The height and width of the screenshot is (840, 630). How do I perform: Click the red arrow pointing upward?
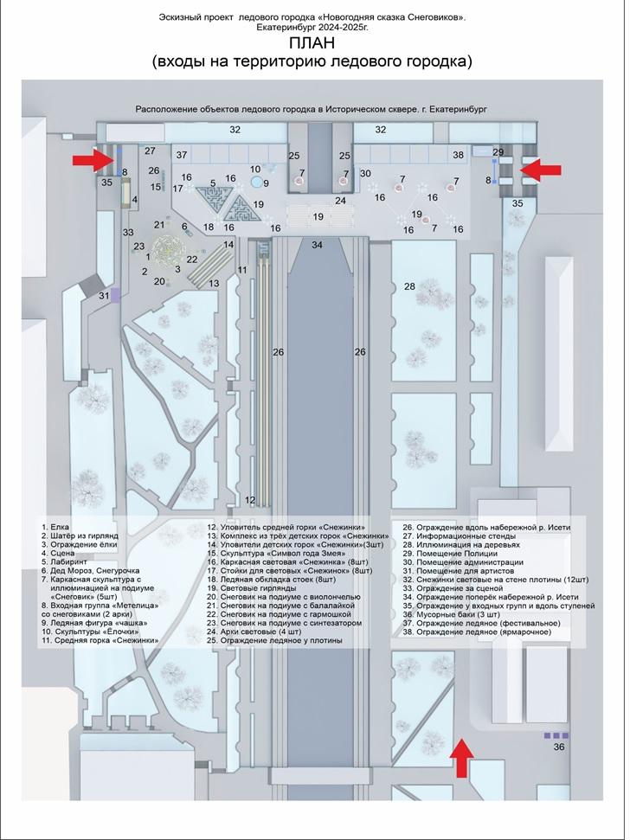coord(464,758)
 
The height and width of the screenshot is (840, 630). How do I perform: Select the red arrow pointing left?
coord(543,169)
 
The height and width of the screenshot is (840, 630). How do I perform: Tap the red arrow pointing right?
coord(92,159)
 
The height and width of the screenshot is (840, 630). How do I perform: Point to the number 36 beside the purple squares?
coord(559,747)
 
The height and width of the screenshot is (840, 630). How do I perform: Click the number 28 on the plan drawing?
coord(409,285)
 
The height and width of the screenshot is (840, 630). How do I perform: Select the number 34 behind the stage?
coord(318,246)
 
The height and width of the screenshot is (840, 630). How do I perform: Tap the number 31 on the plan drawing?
coord(105,296)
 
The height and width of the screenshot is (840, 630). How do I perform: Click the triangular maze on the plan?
coord(235,208)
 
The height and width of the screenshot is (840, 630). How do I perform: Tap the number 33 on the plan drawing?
coord(128,232)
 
